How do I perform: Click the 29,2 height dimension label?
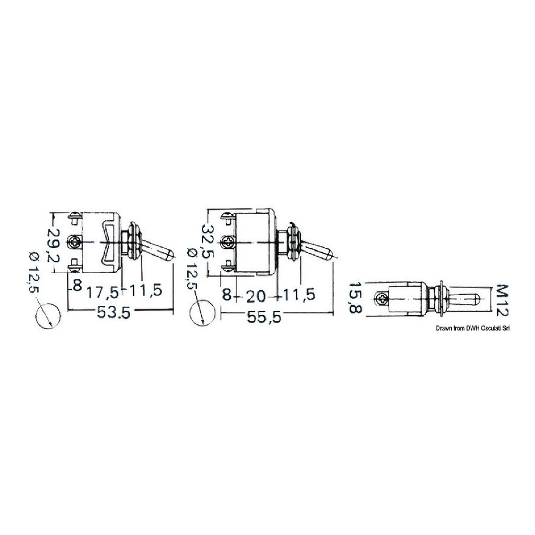(x=56, y=245)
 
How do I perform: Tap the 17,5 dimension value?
(x=103, y=291)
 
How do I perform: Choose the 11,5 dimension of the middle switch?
(x=298, y=295)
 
